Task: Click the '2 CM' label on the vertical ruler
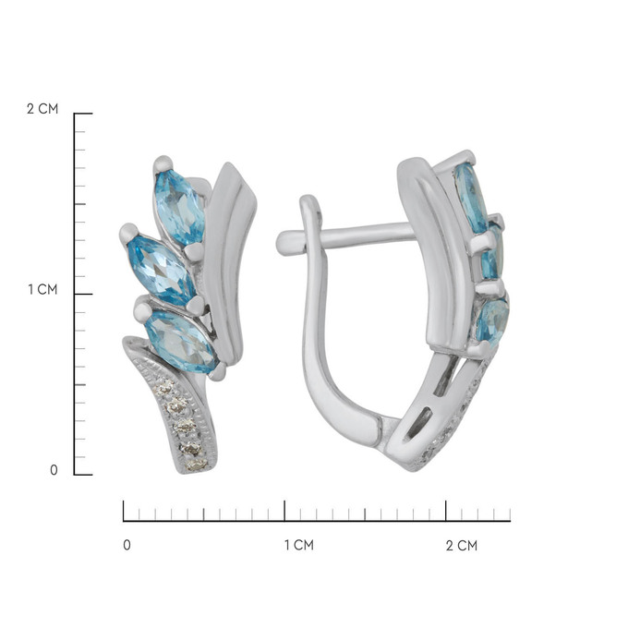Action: tap(42, 109)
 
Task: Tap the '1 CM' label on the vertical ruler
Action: tap(42, 289)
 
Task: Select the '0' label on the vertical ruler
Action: tap(54, 470)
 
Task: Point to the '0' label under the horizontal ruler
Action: tap(127, 545)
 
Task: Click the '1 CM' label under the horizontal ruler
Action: tap(299, 545)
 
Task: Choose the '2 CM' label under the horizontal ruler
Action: tap(462, 546)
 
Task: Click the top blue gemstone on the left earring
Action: tap(180, 207)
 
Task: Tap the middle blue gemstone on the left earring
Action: tap(161, 270)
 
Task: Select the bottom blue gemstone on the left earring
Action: tap(181, 341)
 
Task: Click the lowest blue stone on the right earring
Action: tap(492, 321)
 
